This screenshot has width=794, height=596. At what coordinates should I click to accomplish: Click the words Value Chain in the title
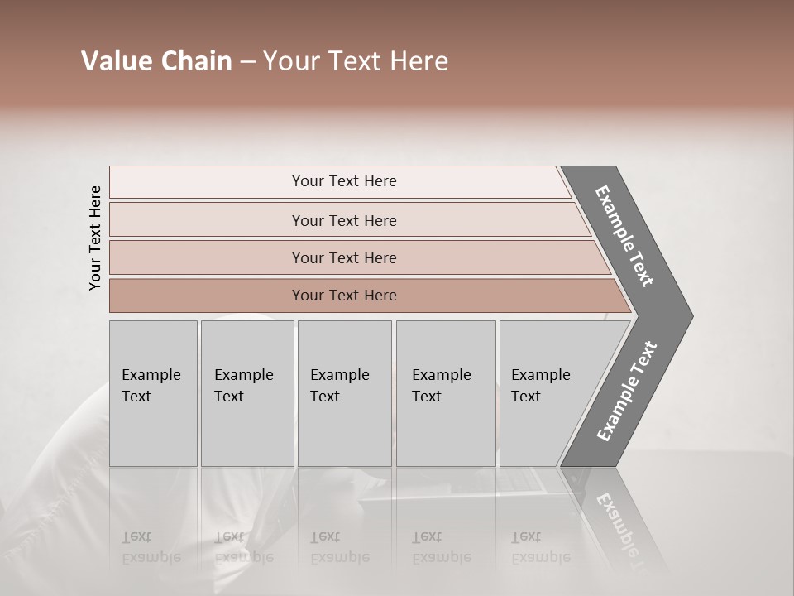click(156, 61)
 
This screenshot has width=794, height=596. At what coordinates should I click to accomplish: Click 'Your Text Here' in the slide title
click(356, 61)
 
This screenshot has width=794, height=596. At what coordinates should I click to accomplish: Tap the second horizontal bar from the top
click(344, 220)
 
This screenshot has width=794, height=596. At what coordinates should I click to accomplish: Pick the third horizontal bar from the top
click(344, 257)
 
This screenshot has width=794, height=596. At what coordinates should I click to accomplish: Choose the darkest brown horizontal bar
click(344, 296)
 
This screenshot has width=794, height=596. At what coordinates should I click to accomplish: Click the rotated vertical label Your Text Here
click(95, 238)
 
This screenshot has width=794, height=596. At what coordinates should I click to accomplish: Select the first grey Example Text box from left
click(153, 393)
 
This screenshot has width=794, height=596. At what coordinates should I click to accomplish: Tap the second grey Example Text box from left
click(246, 393)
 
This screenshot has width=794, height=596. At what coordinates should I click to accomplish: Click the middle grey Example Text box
click(344, 393)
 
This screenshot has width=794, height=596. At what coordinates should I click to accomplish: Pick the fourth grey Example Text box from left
click(446, 393)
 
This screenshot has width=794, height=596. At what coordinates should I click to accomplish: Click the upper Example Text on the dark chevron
click(625, 236)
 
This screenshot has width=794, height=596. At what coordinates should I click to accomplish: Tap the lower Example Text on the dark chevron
click(627, 392)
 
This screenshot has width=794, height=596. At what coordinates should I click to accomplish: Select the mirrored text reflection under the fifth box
click(541, 546)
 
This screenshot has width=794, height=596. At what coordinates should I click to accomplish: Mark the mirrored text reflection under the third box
click(339, 546)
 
